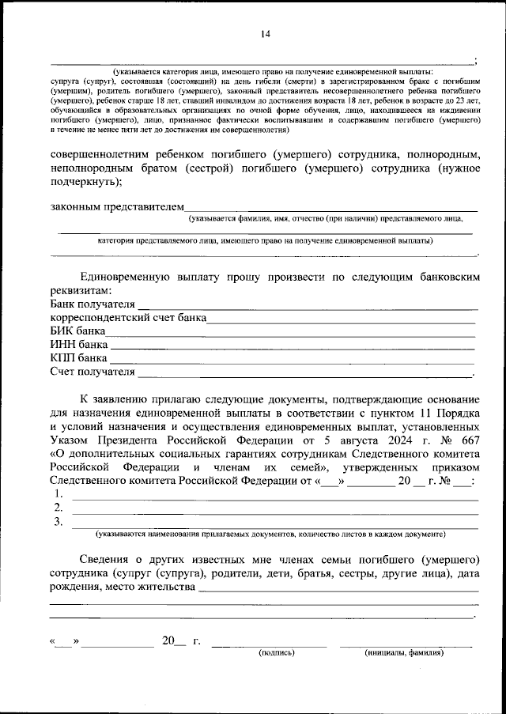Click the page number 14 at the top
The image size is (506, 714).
pos(265,33)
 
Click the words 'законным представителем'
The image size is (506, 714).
pos(116,207)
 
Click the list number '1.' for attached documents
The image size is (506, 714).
pos(59,494)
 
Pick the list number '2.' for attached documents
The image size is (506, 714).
pos(59,508)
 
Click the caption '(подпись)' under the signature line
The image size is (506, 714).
pos(277,653)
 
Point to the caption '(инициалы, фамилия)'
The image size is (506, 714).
pos(404,653)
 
